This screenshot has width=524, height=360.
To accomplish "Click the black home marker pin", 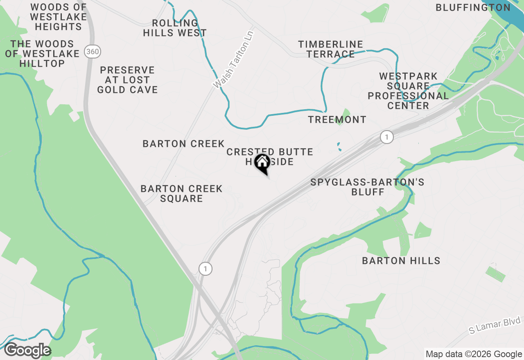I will coord(262,163).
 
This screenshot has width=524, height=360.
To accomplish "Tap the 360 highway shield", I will coord(93,52).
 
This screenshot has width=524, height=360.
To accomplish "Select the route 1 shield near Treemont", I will coord(386,137).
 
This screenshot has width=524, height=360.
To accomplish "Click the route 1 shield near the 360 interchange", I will coord(206,269).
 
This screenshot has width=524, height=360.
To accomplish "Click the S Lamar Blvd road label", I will coord(495,325).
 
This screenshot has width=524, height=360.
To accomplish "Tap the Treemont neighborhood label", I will coord(337,119).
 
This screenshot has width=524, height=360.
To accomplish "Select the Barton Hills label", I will coord(401,261).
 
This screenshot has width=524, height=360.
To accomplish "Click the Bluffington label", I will coord(473,7).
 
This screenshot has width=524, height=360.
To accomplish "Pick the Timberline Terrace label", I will coord(331,49).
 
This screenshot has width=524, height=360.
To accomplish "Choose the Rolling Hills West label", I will coord(175,28).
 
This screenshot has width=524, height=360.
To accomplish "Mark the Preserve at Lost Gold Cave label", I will coord(127,80).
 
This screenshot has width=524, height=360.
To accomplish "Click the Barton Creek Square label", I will coord(181,193).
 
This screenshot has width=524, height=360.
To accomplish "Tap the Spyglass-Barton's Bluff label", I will coord(367,187).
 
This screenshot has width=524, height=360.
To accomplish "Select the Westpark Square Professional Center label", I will coord(408,91).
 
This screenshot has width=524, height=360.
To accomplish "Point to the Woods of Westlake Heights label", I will coord(59,17).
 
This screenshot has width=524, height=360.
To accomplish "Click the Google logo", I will coord(27,351).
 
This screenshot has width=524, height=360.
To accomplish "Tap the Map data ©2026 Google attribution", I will coord(474,354).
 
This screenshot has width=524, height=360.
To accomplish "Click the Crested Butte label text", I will coord(269,152).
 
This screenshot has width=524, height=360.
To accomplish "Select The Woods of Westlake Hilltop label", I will coord(42,54).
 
